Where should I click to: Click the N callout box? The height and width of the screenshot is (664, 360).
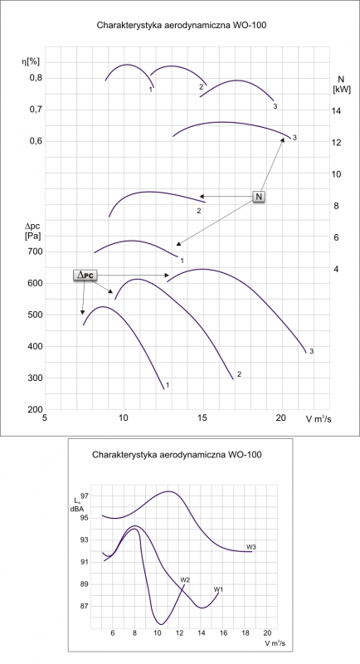tap(259, 197)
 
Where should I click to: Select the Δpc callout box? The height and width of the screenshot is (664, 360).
tap(85, 276)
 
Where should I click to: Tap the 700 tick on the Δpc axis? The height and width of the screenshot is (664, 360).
tap(36, 252)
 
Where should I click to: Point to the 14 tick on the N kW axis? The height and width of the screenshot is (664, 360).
tap(336, 111)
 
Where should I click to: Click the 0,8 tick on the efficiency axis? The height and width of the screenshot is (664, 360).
tap(36, 78)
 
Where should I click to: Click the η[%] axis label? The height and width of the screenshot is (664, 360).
tap(31, 61)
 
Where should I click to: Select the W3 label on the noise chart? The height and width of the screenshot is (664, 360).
tap(251, 547)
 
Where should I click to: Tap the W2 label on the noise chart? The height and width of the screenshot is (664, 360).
tap(184, 579)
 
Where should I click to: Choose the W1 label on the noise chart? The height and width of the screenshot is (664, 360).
tap(218, 589)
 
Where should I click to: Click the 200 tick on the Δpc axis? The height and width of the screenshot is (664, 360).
tap(36, 410)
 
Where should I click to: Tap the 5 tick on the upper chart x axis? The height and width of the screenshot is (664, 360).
tap(45, 418)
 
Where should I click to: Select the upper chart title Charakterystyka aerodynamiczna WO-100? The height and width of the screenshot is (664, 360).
tap(182, 26)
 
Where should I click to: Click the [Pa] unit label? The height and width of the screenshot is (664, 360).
tap(32, 237)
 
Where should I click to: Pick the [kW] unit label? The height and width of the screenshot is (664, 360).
tap(342, 90)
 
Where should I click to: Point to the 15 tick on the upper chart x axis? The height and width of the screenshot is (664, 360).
tap(202, 418)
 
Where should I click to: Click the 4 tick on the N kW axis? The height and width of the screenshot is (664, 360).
tap(336, 269)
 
